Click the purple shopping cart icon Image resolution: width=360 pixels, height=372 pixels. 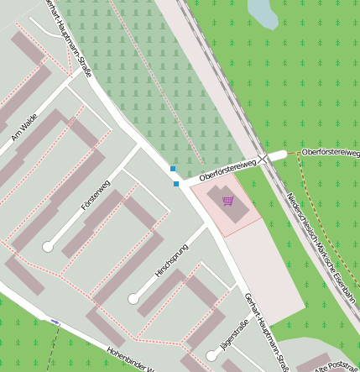tap(227, 200)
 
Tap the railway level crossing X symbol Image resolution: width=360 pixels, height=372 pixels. tap(263, 157)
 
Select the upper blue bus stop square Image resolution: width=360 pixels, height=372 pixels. tap(173, 169)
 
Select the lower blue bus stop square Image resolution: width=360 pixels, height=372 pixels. tap(176, 183)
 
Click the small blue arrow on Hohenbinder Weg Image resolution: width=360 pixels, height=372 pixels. tap(55, 322)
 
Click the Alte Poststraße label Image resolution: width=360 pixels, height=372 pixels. tap(336, 367)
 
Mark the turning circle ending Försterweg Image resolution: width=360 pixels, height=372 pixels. tap(48, 247)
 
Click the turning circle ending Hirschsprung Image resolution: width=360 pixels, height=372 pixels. tap(133, 298)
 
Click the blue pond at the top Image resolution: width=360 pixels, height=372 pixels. tap(262, 13)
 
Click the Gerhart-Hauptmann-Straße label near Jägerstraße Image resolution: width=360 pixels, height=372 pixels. tap(266, 332)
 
